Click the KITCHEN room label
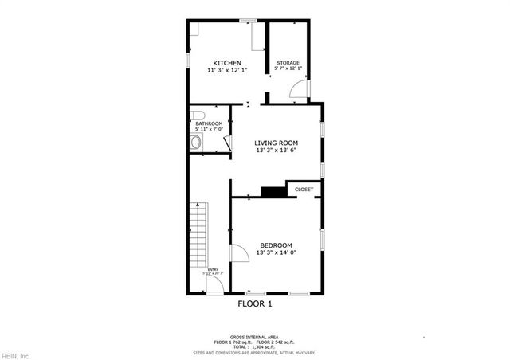pyautogui.click(x=226, y=62)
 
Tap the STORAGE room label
pyautogui.click(x=288, y=63)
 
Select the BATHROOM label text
pyautogui.click(x=209, y=123)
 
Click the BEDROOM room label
pyautogui.click(x=276, y=245)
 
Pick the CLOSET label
pyautogui.click(x=304, y=190)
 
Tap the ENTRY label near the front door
pyautogui.click(x=213, y=270)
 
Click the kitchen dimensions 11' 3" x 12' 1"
pyautogui.click(x=226, y=71)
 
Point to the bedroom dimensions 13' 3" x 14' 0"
pyautogui.click(x=276, y=253)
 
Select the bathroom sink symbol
pyautogui.click(x=196, y=143)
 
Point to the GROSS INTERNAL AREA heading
pyautogui.click(x=254, y=338)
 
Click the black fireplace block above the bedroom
pyautogui.click(x=273, y=191)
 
